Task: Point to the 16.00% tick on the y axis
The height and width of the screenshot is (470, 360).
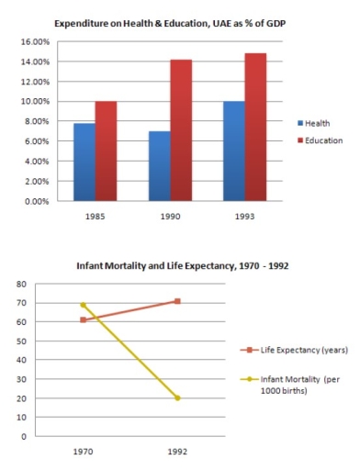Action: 34,41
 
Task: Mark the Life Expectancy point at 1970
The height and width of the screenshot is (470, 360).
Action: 84,320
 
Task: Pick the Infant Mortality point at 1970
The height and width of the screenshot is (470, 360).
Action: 84,305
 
